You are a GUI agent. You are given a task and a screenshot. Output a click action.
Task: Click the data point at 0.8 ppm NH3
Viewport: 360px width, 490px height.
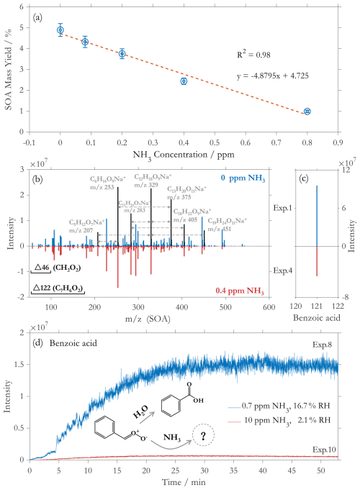(x=307, y=112)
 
